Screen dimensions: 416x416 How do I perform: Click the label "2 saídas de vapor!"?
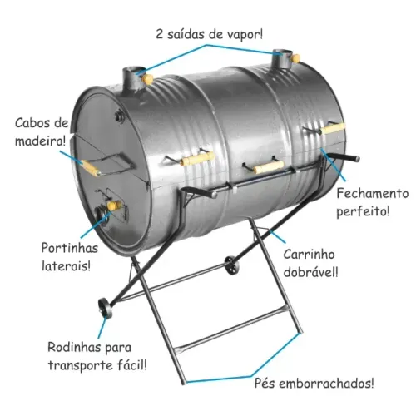[x=210, y=34]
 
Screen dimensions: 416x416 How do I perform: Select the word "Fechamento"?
[x=373, y=193]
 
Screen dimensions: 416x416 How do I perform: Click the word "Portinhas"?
[x=70, y=248]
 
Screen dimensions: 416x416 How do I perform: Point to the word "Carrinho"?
[x=309, y=255]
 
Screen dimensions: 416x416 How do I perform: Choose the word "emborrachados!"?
[x=326, y=384]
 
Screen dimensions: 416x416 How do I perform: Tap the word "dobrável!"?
[x=311, y=272]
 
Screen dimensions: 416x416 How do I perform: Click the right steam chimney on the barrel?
[x=283, y=58]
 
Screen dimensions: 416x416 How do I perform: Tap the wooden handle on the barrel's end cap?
[x=90, y=168]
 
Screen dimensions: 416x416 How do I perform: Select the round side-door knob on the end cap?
[x=114, y=206]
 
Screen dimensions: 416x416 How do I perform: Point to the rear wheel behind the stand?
[x=231, y=265]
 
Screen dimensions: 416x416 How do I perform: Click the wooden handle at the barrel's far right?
[x=333, y=129]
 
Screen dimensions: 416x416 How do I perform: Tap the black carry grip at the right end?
[x=344, y=156]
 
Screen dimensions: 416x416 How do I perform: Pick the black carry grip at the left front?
[x=199, y=191]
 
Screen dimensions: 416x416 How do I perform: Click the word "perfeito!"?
[x=363, y=211]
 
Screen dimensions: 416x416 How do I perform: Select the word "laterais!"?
[x=66, y=266]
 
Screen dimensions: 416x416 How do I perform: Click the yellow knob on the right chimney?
[x=295, y=58]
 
